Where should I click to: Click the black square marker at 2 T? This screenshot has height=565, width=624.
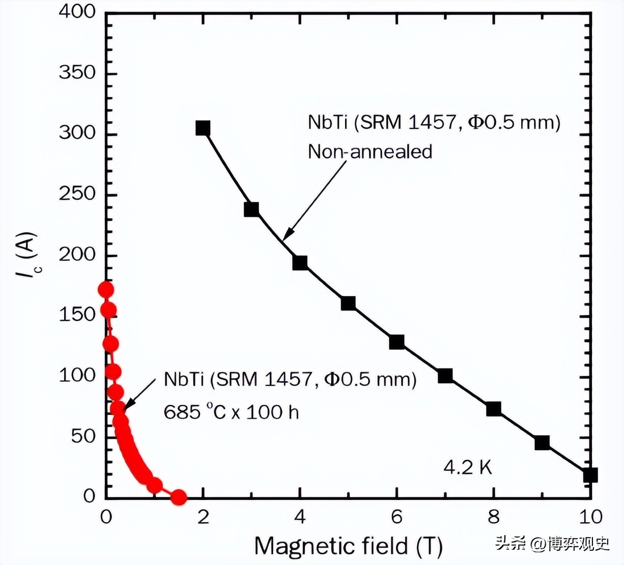pos(203,128)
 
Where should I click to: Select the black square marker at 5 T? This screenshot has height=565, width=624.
pos(348,303)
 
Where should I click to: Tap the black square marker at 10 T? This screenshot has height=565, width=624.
pos(590,475)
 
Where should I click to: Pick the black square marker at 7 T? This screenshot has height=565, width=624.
pos(445,376)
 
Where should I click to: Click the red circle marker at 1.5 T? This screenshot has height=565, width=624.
pos(178,497)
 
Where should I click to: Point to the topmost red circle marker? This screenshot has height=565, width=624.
pos(106,290)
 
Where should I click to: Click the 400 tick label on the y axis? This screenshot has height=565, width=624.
pos(77,12)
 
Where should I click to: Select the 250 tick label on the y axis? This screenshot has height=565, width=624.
pos(77,194)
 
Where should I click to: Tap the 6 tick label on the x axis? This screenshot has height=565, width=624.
pos(396,517)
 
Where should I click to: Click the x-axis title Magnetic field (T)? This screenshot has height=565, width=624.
pos(348,546)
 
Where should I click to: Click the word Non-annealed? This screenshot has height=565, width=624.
pos(370,152)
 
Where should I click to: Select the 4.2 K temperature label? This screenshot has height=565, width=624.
pos(468,467)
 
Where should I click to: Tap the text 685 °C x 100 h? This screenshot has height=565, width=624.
pos(231,411)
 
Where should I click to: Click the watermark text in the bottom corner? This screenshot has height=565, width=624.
pos(552,544)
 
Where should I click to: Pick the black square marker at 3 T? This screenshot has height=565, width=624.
pos(251,209)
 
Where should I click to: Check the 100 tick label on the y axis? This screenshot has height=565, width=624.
pos(77,376)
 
